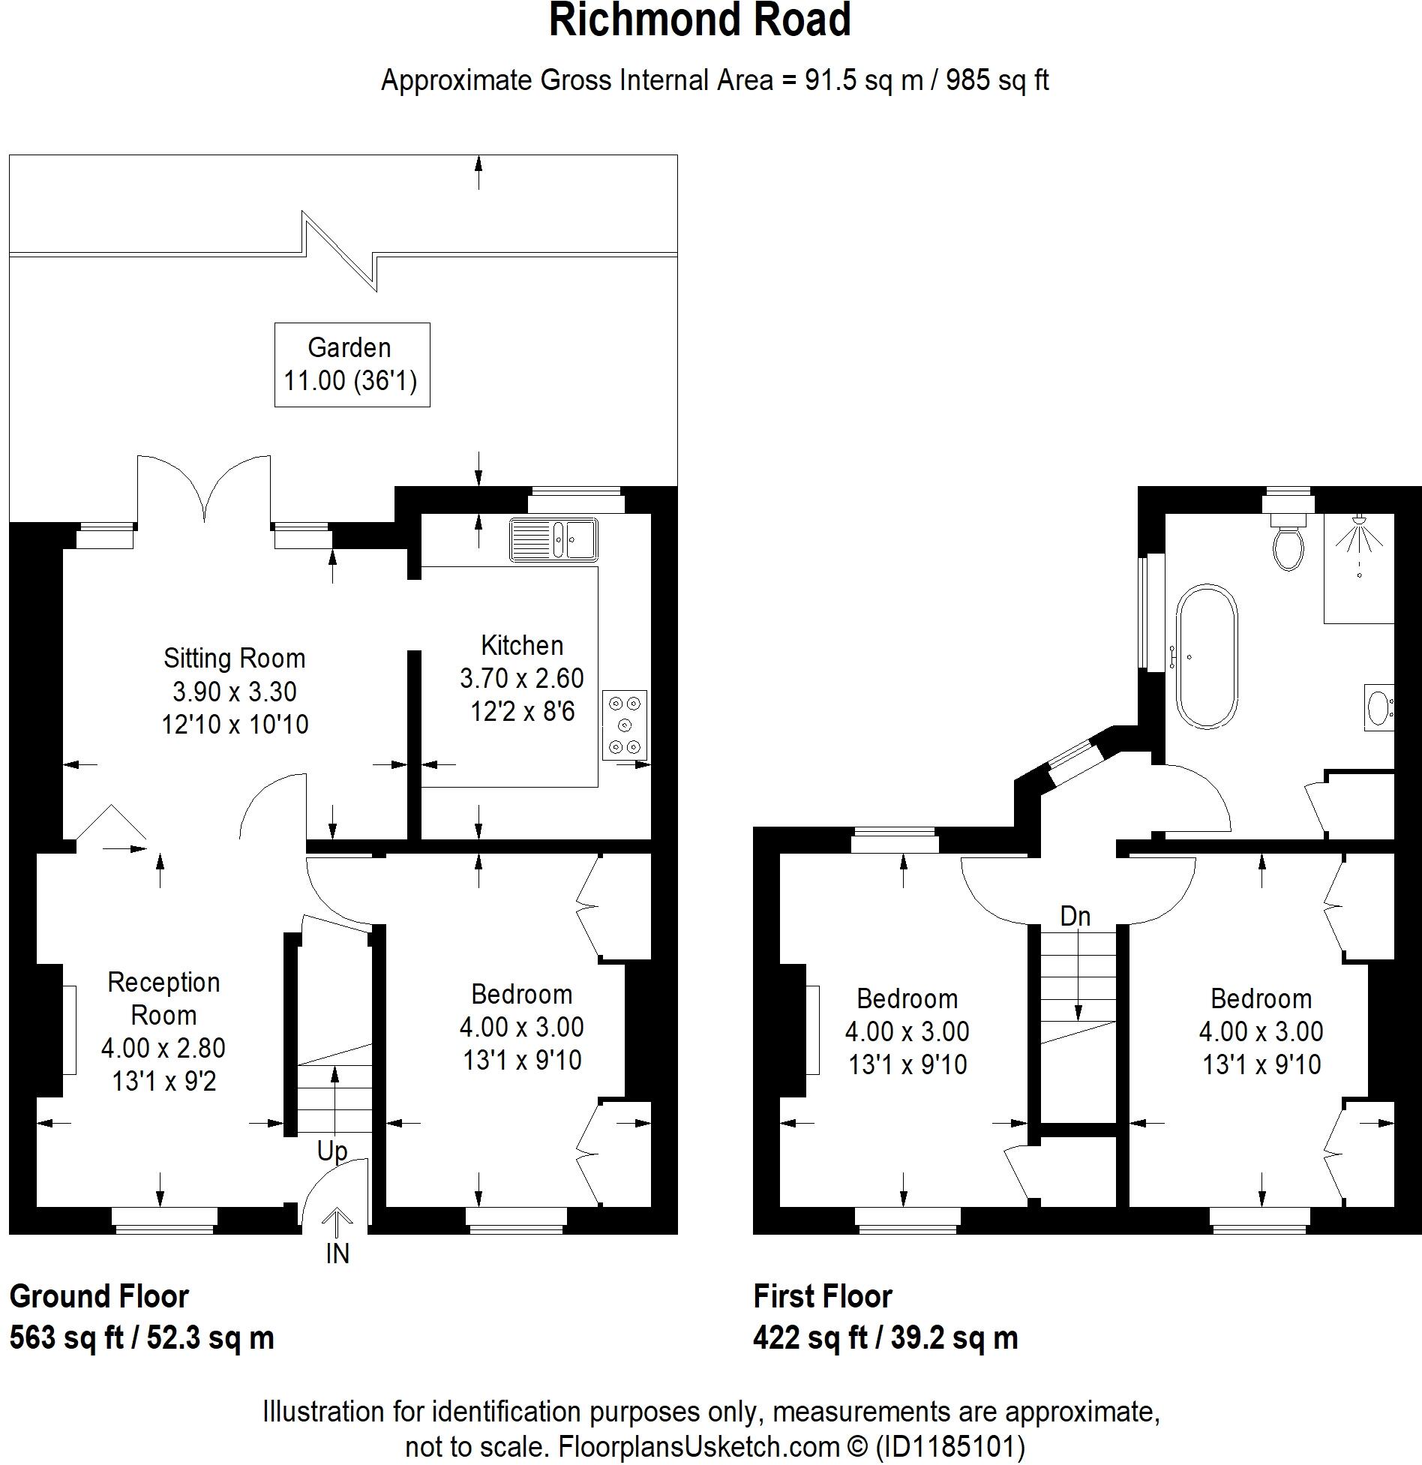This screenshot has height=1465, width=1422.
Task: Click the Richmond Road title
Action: (x=700, y=20)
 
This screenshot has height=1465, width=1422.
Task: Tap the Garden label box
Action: (x=352, y=365)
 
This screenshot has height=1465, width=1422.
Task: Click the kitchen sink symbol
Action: (x=553, y=539)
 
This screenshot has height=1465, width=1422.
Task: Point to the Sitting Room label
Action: (x=234, y=659)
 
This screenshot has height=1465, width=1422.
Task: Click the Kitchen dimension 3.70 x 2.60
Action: (x=521, y=678)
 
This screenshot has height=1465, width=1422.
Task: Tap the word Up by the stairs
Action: (x=332, y=1151)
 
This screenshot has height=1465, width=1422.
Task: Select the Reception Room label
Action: (x=163, y=998)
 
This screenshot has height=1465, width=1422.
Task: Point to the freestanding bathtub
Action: (x=1207, y=656)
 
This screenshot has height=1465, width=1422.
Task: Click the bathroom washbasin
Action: (x=1378, y=707)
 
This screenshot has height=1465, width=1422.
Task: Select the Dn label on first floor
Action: (x=1075, y=916)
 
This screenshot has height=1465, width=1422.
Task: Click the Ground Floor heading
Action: (x=99, y=1296)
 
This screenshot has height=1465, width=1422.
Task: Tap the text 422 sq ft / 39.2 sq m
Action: (x=885, y=1338)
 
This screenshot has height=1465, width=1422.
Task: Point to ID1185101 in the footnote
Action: (x=949, y=1445)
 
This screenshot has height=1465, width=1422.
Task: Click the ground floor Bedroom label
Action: (x=521, y=995)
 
